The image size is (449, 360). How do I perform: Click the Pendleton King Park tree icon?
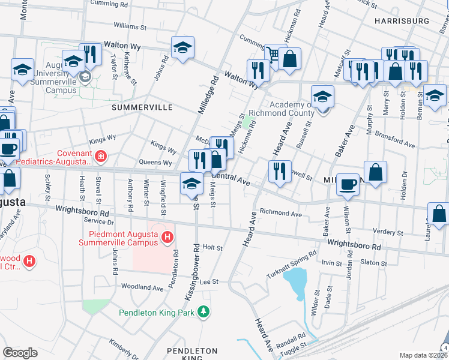click(204, 312)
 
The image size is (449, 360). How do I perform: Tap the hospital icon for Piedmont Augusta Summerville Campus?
click(169, 239)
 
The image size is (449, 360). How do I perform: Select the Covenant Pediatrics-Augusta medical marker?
click(100, 157)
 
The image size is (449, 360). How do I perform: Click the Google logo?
click(20, 353)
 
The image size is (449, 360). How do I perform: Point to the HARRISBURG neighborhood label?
click(402, 21)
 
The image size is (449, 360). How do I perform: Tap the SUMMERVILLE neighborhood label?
click(142, 107)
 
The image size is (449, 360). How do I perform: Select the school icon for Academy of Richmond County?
click(322, 97)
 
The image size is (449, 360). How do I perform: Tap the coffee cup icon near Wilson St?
click(348, 184)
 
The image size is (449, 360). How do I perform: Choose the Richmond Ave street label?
click(280, 213)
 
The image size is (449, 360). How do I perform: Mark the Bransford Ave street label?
click(394, 140)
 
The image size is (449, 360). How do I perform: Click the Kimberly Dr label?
click(121, 350)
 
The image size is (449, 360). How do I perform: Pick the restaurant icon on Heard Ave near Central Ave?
click(279, 171)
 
